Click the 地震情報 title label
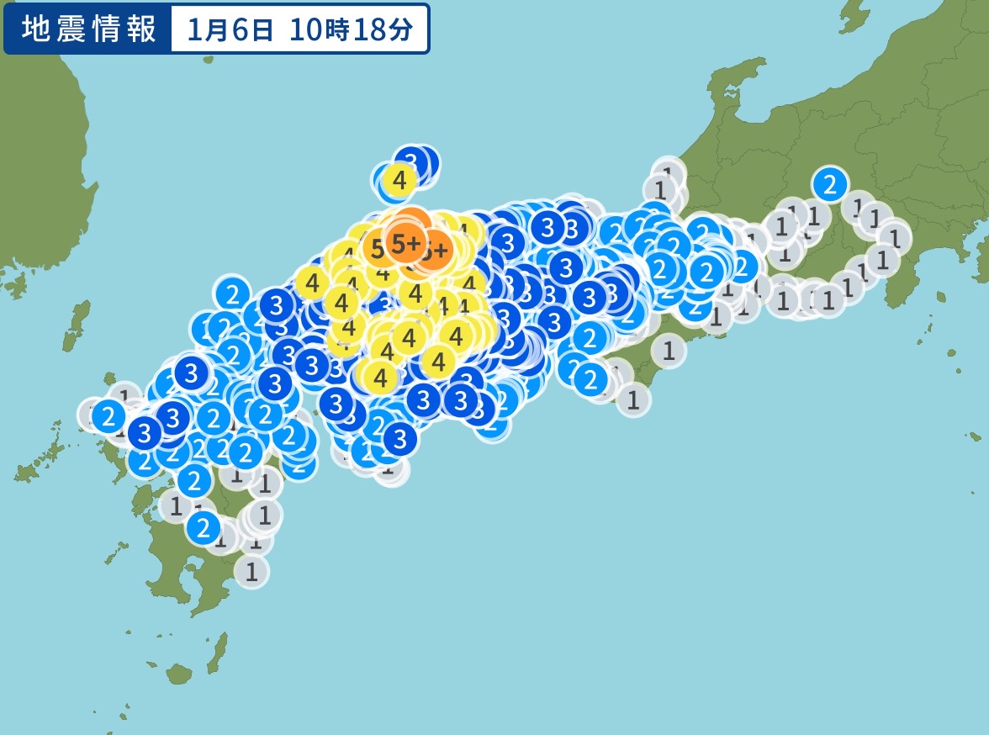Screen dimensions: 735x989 click(88, 29)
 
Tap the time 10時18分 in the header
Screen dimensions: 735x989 click(352, 29)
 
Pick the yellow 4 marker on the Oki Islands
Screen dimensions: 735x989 click(399, 179)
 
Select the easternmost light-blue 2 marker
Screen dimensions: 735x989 click(829, 182)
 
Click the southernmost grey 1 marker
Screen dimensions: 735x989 click(251, 571)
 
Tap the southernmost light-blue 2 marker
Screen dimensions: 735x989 click(203, 527)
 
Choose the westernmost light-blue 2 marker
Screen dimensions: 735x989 click(108, 415)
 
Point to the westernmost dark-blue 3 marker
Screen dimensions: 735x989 click(145, 433)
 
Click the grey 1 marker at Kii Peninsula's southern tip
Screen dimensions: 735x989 click(633, 399)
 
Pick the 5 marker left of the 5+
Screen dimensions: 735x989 click(377, 248)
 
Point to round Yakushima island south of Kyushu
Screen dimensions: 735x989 click(178, 673)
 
